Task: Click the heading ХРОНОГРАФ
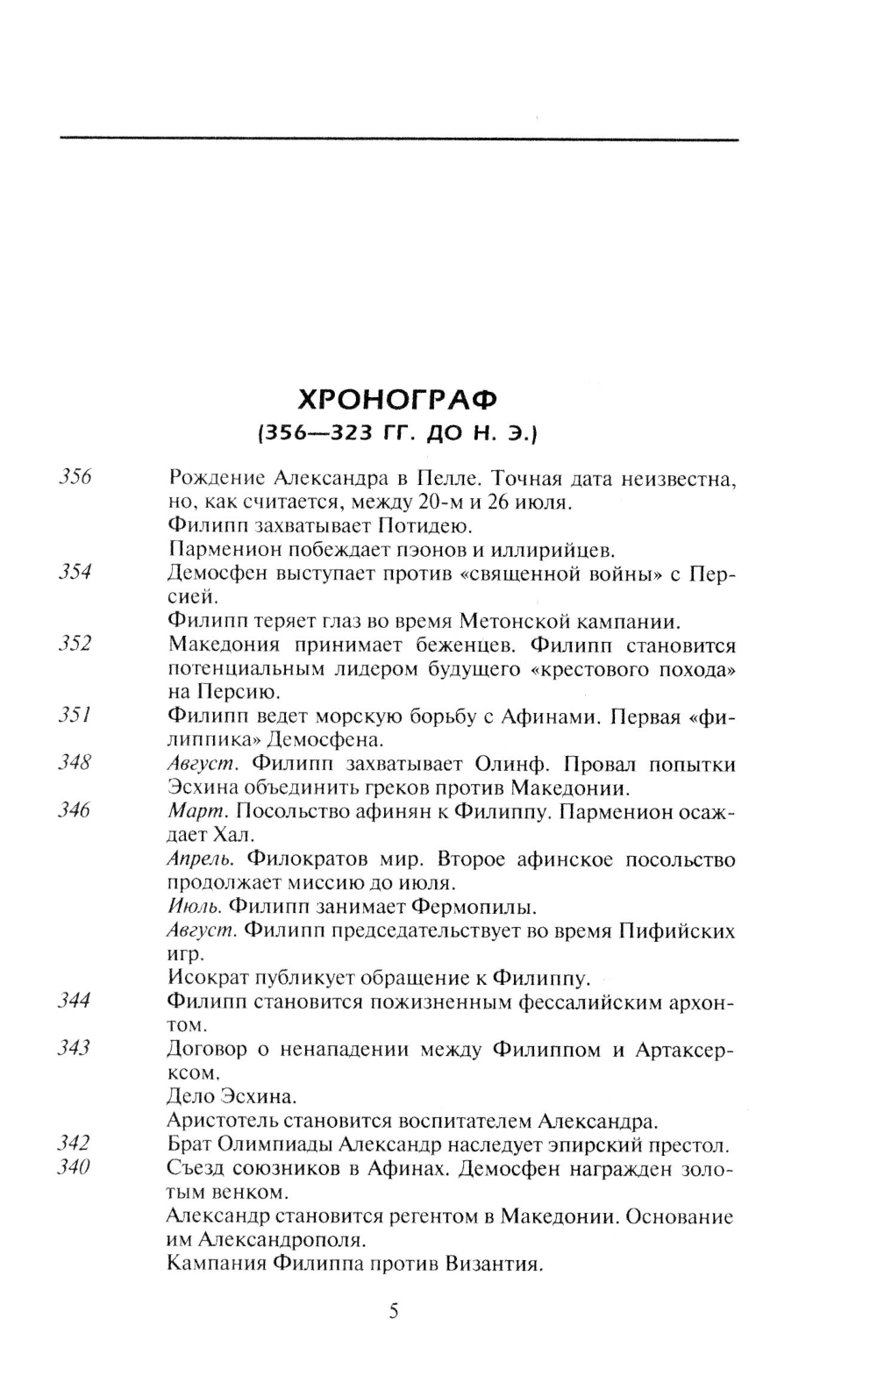click(x=398, y=399)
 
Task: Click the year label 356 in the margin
click(x=75, y=479)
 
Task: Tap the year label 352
click(x=75, y=645)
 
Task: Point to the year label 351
click(x=75, y=716)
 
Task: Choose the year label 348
click(x=75, y=763)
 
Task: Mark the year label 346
click(x=75, y=810)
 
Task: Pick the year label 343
click(x=75, y=1047)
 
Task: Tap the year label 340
click(x=75, y=1167)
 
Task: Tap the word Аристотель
click(x=223, y=1120)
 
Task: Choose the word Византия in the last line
click(x=488, y=1265)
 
